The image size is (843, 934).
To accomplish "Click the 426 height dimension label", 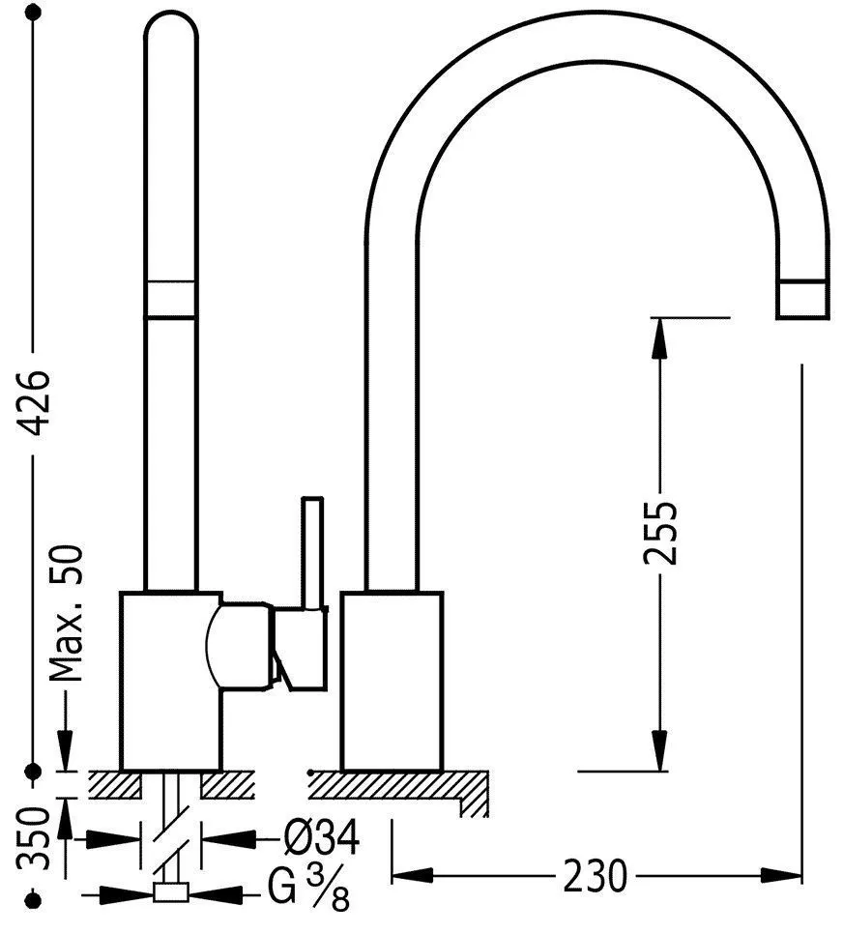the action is (34, 402).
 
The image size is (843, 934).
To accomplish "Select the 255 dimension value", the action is (660, 533).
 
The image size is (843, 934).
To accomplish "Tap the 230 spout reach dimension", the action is (596, 875).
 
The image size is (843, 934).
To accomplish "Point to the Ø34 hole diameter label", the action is (321, 837).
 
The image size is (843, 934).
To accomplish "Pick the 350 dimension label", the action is (33, 838).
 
